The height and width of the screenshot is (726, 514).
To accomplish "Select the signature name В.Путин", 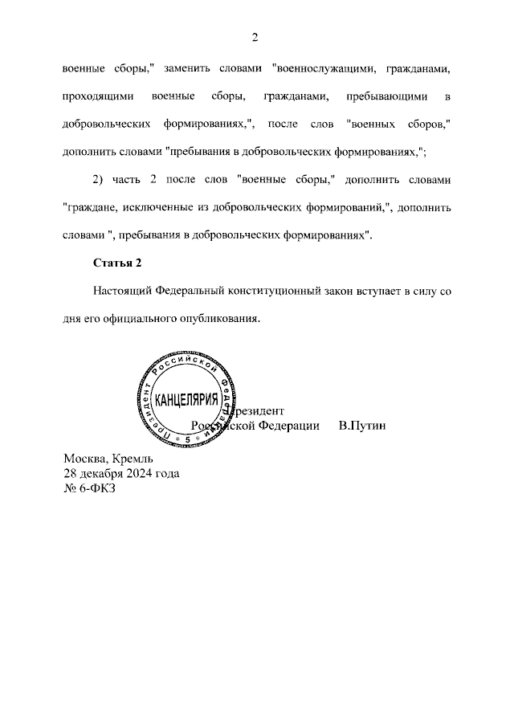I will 362,425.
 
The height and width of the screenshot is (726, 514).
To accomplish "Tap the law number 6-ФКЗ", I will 99,489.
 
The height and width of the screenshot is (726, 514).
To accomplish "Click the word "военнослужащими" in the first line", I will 316,69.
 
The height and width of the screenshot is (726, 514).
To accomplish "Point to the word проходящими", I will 96,97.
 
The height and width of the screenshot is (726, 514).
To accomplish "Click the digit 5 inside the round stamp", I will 188,441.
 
